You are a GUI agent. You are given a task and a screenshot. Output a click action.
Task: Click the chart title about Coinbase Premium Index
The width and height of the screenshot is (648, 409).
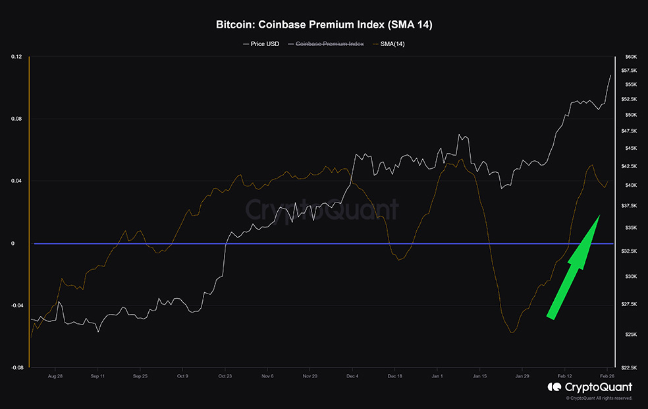tap(324, 25)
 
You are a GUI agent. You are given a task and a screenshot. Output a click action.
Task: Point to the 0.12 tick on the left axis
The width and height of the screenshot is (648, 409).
tap(16, 57)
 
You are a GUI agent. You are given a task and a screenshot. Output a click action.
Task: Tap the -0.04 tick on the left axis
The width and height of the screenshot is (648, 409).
tap(15, 305)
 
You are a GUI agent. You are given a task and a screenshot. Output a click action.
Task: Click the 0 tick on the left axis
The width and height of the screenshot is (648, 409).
tap(13, 243)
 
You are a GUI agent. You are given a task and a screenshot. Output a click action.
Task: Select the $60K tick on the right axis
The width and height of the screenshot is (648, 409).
tap(631, 57)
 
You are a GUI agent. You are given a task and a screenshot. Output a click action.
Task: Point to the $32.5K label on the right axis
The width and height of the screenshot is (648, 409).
tap(630, 251)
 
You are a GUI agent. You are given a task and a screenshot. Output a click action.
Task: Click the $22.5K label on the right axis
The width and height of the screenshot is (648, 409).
tap(630, 367)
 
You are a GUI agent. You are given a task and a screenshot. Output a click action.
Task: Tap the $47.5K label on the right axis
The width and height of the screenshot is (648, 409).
tap(630, 131)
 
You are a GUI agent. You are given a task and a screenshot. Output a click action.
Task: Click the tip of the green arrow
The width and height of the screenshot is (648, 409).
tap(599, 216)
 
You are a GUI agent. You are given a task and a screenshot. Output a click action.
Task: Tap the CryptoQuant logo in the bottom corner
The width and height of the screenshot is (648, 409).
tap(589, 387)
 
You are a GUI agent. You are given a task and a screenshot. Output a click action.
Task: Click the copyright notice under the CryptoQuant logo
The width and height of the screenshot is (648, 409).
tap(599, 398)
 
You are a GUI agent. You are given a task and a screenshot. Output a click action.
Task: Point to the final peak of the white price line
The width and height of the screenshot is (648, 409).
tap(610, 75)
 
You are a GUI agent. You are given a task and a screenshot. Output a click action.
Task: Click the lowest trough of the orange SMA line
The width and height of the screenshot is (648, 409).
tap(511, 332)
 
